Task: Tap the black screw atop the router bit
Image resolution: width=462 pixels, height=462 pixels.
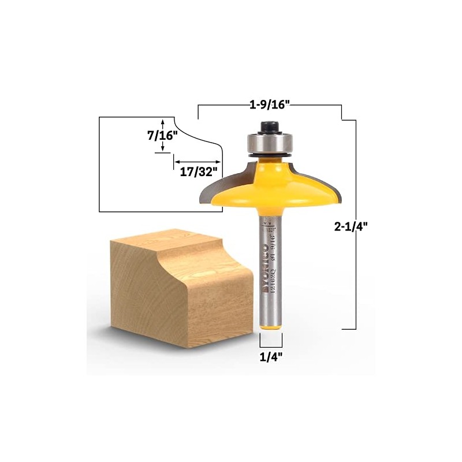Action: click(x=269, y=125)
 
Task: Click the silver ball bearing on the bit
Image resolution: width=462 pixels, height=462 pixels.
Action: click(x=269, y=142)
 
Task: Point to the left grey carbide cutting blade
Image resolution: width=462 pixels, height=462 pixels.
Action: click(x=209, y=191)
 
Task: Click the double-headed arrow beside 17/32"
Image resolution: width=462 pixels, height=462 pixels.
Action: click(x=197, y=162)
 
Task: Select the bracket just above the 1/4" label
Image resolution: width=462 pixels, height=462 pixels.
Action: click(x=270, y=344)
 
